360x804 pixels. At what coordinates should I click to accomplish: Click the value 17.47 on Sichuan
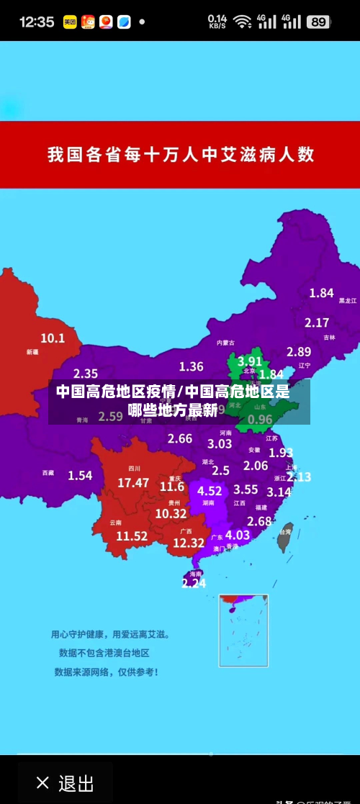(133, 483)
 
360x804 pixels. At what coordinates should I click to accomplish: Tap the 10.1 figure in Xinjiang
(53, 338)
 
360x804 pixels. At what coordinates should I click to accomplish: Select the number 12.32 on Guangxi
(189, 543)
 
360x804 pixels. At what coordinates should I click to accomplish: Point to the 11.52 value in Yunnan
(132, 536)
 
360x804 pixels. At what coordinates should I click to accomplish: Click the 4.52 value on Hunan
(210, 491)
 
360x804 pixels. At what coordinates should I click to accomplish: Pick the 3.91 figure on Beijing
(250, 361)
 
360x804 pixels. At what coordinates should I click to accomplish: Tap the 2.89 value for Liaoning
(299, 352)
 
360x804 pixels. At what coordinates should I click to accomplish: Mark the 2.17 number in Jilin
(317, 323)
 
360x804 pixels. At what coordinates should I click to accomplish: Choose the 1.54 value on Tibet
(80, 475)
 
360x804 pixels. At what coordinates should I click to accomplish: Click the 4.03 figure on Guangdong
(238, 535)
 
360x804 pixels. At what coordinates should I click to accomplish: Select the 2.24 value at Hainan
(194, 583)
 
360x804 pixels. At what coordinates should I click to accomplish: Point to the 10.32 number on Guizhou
(171, 513)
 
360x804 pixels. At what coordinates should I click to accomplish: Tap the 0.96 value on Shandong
(260, 419)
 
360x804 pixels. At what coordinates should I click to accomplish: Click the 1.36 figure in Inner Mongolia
(191, 366)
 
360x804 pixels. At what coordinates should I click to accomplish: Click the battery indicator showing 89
(318, 22)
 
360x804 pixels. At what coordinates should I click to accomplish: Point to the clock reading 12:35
(36, 22)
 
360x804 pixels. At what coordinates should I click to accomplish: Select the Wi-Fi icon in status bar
(243, 22)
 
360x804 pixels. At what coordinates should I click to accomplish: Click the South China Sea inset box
(243, 630)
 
